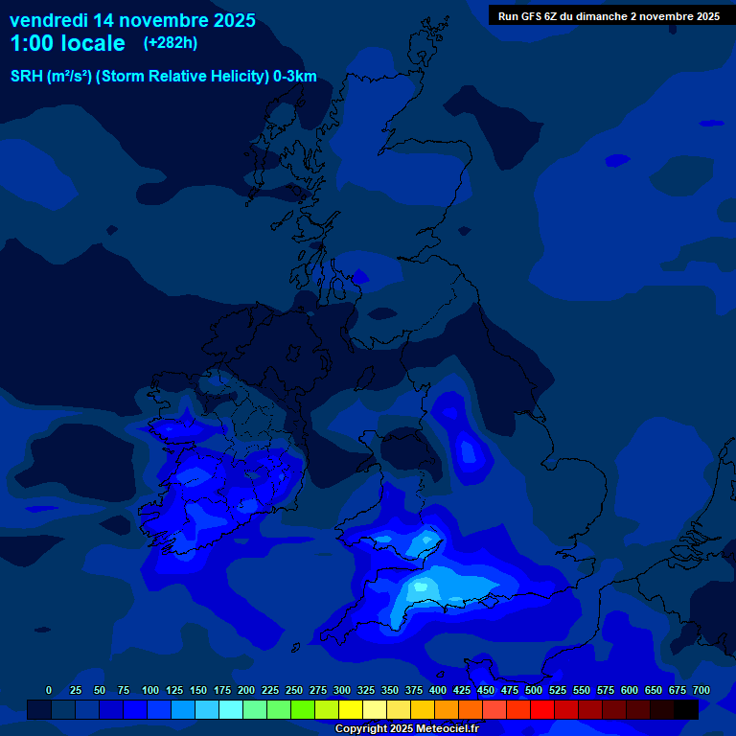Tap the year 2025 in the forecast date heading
[x=232, y=19]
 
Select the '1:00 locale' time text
[x=67, y=43]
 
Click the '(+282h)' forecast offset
[x=171, y=42]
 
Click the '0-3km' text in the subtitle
[x=294, y=77]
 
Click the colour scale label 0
[x=49, y=690]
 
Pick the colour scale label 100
[x=150, y=690]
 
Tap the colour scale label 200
[x=246, y=690]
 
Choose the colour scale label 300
[x=342, y=690]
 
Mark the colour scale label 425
[x=462, y=690]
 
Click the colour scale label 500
[x=534, y=690]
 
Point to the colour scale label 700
[x=701, y=690]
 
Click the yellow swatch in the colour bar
[x=351, y=709]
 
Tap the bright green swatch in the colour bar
[x=303, y=709]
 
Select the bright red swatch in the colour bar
[x=542, y=709]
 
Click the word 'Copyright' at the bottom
[x=361, y=728]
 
